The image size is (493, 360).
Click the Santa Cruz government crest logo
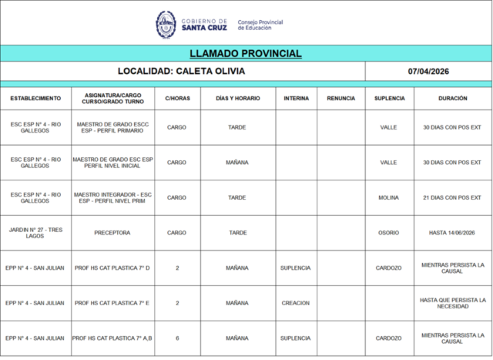click(x=166, y=24)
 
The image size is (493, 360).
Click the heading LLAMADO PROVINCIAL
click(x=246, y=54)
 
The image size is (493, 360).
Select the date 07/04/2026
click(x=428, y=72)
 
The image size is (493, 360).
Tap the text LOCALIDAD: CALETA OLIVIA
click(x=183, y=72)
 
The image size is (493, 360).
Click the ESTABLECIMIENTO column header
click(x=35, y=99)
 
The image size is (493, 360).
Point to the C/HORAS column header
click(x=176, y=99)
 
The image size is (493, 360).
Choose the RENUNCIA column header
click(x=341, y=99)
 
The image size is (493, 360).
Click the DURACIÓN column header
click(x=452, y=99)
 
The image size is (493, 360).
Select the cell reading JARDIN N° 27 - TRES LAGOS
click(x=35, y=232)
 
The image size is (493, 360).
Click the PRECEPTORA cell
click(x=112, y=232)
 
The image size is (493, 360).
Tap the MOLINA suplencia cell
click(x=388, y=197)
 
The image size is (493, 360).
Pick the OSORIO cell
click(x=388, y=232)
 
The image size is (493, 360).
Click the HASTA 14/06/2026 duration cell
click(x=452, y=232)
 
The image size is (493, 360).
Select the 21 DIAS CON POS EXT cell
click(x=452, y=197)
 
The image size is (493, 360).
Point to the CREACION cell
click(x=296, y=303)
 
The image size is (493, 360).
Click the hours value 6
click(x=176, y=338)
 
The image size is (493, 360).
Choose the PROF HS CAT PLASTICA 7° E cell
click(x=112, y=303)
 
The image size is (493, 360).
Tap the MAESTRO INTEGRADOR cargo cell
click(x=112, y=197)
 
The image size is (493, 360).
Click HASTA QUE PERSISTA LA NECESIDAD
click(x=452, y=303)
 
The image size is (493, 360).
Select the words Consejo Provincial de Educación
click(x=260, y=25)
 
